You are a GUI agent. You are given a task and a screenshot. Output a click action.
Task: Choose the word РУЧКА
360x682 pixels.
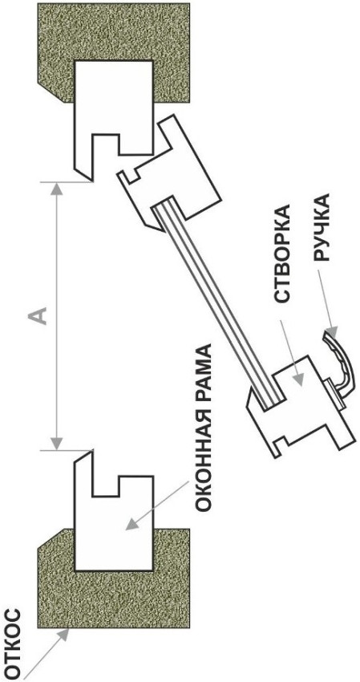click(x=322, y=229)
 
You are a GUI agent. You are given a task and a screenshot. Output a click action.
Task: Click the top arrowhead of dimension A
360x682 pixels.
click(x=56, y=189)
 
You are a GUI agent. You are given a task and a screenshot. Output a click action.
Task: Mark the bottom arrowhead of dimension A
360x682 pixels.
click(x=56, y=442)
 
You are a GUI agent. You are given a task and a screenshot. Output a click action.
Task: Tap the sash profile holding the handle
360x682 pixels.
click(x=300, y=407)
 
